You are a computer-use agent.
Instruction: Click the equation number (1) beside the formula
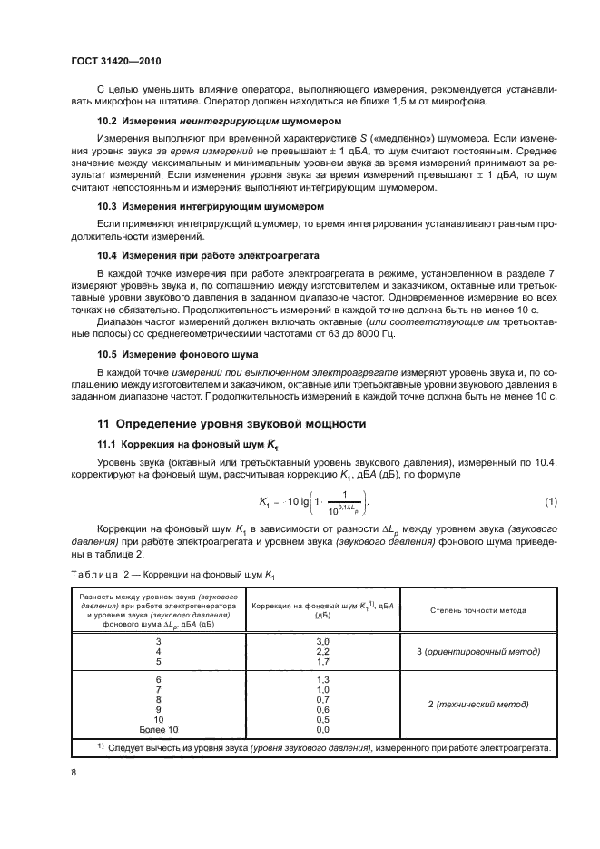[x=550, y=502]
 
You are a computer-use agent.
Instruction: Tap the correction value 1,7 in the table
[x=320, y=663]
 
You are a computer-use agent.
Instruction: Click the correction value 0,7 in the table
[x=320, y=700]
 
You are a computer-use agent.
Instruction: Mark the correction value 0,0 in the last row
[x=320, y=729]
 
